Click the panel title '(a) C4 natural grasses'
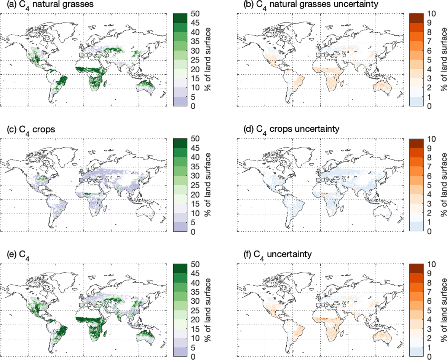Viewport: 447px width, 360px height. pyautogui.click(x=50, y=5)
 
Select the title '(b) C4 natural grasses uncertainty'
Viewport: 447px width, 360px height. pyautogui.click(x=311, y=5)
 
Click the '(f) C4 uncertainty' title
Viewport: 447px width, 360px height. pyautogui.click(x=278, y=255)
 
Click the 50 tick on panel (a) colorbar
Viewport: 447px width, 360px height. pyautogui.click(x=195, y=14)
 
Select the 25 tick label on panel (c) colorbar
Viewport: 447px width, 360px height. pyautogui.click(x=195, y=185)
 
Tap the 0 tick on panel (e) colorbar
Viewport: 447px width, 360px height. pyautogui.click(x=193, y=357)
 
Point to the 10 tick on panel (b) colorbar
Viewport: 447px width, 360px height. pyautogui.click(x=431, y=14)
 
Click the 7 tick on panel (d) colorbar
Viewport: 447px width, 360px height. pyautogui.click(x=429, y=167)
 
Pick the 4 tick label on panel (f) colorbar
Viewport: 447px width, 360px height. pyautogui.click(x=429, y=320)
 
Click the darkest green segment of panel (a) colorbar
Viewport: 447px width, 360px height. pyautogui.click(x=180, y=18)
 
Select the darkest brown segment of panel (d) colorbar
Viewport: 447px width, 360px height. pyautogui.click(x=416, y=143)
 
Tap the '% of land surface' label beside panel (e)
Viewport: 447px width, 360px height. pyautogui.click(x=207, y=310)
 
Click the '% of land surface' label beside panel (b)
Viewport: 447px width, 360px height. pyautogui.click(x=444, y=60)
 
